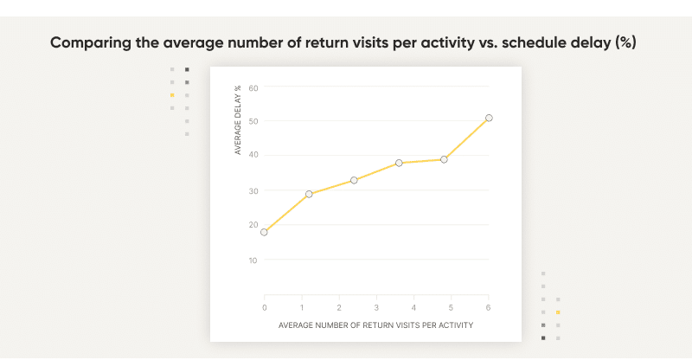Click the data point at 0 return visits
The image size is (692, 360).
pyautogui.click(x=264, y=232)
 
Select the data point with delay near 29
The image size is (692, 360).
pyautogui.click(x=309, y=194)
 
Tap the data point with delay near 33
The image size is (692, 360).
pyautogui.click(x=354, y=180)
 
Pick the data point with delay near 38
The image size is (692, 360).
pyautogui.click(x=399, y=163)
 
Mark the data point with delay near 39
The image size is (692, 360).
pyautogui.click(x=444, y=159)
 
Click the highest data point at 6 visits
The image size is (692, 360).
pyautogui.click(x=489, y=118)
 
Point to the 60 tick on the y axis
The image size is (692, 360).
pyautogui.click(x=253, y=87)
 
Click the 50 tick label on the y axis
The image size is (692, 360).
pyautogui.click(x=253, y=121)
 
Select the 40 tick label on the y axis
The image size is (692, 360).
pyautogui.click(x=253, y=156)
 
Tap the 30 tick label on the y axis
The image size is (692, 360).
pyautogui.click(x=253, y=190)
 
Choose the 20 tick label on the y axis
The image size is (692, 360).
pyautogui.click(x=253, y=225)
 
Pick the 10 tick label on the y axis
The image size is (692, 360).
pyautogui.click(x=253, y=260)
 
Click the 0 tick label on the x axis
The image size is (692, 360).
pyautogui.click(x=265, y=307)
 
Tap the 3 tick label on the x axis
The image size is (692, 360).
pyautogui.click(x=376, y=307)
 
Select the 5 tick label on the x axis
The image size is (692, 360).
pyautogui.click(x=452, y=307)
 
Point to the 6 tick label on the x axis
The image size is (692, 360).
pyautogui.click(x=489, y=307)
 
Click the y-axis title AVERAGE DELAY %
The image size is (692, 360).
pyautogui.click(x=238, y=120)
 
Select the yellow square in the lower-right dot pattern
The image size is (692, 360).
pyautogui.click(x=558, y=312)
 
